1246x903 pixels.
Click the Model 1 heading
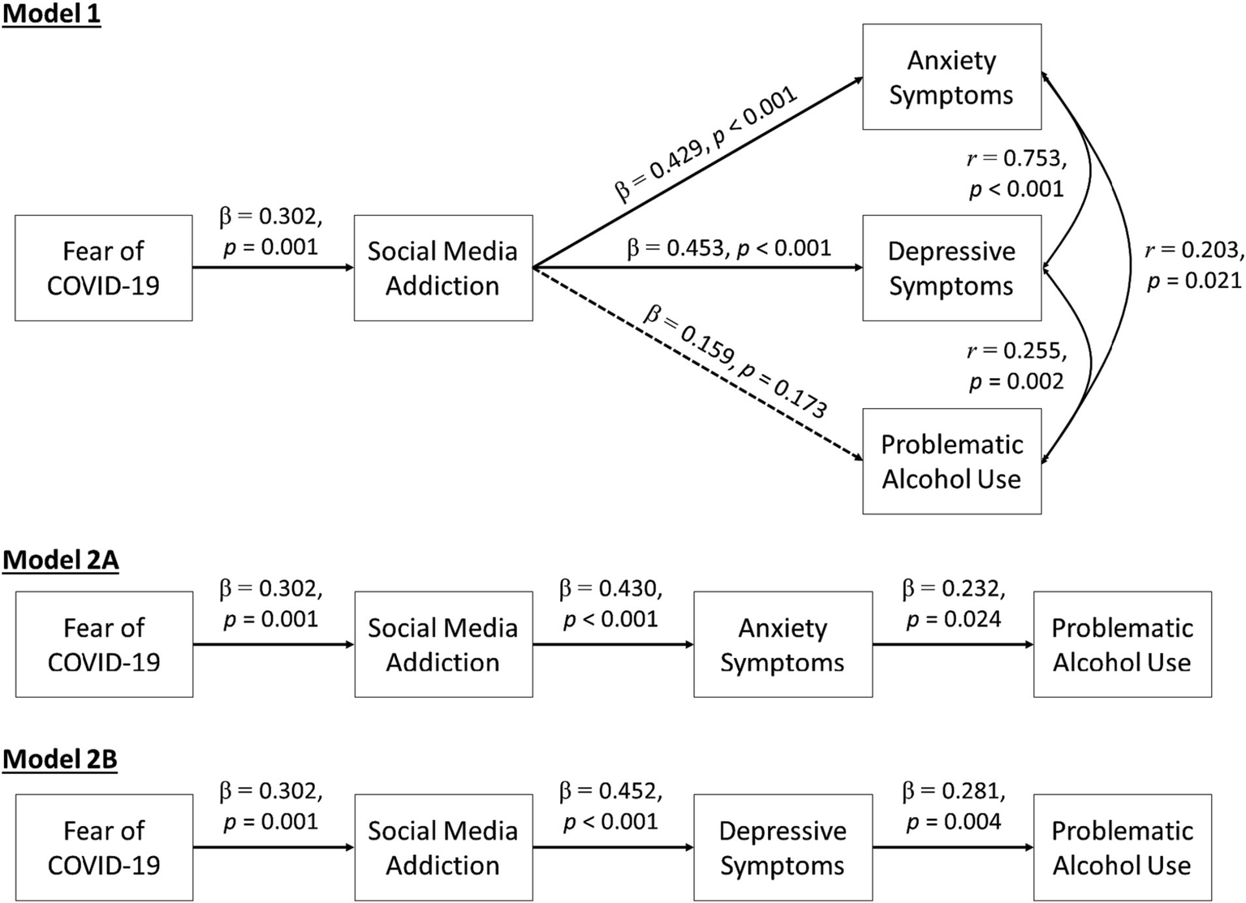[x=51, y=15]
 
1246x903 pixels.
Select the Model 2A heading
[x=61, y=560]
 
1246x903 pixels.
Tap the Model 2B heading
[x=60, y=759]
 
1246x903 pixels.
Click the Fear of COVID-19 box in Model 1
[x=103, y=268]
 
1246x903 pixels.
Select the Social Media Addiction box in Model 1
[x=442, y=268]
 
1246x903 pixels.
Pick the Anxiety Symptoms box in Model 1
[x=951, y=77]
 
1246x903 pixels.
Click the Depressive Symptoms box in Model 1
[x=951, y=268]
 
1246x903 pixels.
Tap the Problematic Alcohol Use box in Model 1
[x=951, y=461]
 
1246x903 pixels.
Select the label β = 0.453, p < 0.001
[x=729, y=248]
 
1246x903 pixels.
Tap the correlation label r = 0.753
[x=1016, y=174]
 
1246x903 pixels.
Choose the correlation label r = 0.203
[x=1194, y=265]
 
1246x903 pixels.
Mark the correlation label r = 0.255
[x=1016, y=366]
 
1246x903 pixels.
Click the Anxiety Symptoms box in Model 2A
[x=783, y=644]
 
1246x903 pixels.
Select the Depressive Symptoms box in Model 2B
[x=783, y=847]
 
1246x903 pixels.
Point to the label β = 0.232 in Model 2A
[x=954, y=604]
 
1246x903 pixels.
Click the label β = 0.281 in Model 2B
[x=954, y=806]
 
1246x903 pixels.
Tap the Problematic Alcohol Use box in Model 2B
[x=1122, y=847]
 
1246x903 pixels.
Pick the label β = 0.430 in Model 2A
[x=611, y=604]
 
